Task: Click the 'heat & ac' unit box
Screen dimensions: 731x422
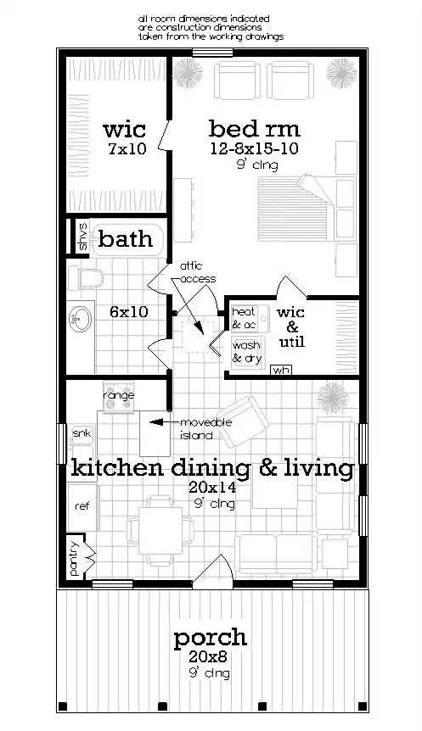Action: tap(244, 318)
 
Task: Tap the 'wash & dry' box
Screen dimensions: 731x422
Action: tap(246, 350)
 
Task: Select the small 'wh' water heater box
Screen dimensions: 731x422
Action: tap(280, 370)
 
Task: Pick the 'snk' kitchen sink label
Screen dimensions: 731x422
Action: tap(82, 434)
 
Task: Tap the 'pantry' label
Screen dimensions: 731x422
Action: tap(74, 558)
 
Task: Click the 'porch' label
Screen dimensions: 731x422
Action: tap(211, 637)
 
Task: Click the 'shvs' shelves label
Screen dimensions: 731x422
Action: tap(82, 237)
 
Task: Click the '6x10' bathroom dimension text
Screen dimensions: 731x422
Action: tap(129, 311)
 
